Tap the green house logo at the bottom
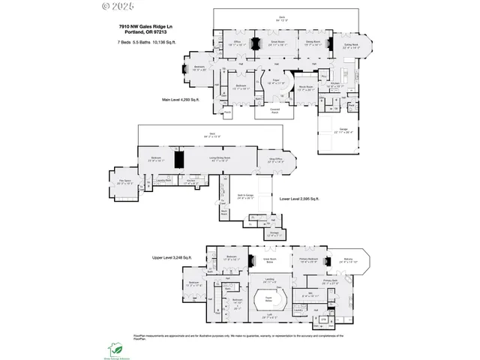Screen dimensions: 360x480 pos(115,348)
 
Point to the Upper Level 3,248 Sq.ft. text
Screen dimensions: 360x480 pos(172,257)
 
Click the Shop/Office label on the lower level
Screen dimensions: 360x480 pos(275,159)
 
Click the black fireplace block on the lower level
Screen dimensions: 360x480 pos(179,160)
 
